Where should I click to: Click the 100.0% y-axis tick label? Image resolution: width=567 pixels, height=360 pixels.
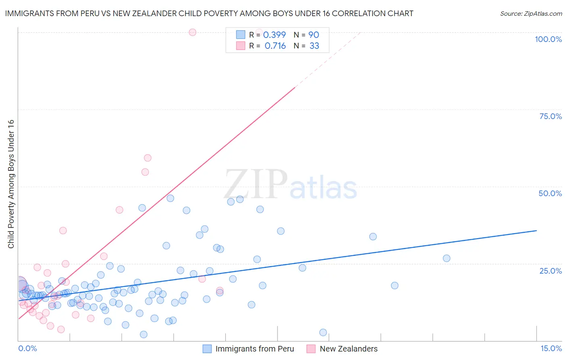[548, 39]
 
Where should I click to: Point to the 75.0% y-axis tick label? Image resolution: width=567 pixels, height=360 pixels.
[550, 116]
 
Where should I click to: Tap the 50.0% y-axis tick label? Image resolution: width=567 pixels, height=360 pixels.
[550, 193]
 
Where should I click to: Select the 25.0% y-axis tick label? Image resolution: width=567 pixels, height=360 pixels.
[550, 271]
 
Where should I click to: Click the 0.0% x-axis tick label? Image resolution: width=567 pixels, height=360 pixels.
[27, 348]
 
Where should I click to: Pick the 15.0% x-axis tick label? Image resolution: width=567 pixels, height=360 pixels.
[551, 348]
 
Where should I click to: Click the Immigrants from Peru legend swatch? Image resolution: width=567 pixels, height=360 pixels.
[207, 349]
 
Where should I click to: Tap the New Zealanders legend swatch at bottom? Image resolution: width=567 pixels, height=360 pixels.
[311, 349]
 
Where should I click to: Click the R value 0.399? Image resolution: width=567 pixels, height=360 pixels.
[274, 35]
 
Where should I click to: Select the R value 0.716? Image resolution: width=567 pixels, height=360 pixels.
[275, 46]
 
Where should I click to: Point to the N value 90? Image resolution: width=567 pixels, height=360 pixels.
[313, 35]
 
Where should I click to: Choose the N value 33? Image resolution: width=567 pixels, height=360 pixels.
[314, 46]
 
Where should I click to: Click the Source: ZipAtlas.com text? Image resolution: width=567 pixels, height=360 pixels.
[531, 14]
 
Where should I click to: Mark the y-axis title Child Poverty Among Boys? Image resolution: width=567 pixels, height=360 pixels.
[11, 184]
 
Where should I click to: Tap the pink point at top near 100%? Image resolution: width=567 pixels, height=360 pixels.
[192, 32]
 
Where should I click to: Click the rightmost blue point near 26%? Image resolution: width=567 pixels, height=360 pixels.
[446, 258]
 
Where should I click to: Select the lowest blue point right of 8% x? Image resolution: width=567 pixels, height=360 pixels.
[323, 333]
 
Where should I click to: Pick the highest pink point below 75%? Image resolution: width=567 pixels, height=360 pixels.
[148, 158]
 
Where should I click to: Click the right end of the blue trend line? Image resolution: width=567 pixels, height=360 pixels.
[536, 230]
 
